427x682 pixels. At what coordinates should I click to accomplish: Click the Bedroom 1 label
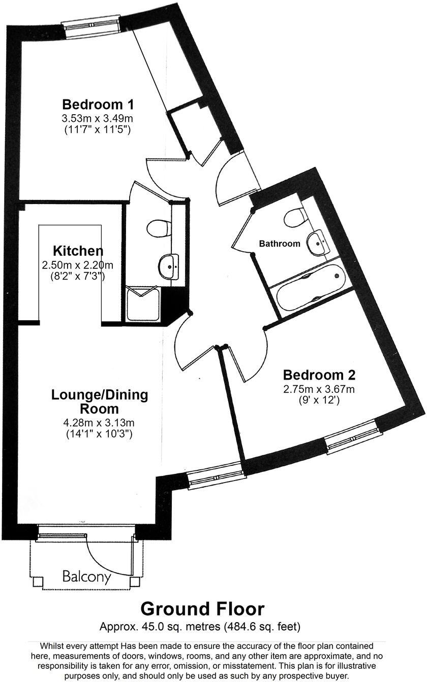tap(98, 105)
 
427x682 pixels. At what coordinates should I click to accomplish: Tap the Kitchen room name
tap(78, 251)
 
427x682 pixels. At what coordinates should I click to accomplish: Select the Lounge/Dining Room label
tap(100, 401)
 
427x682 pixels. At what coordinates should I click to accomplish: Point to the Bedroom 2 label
tap(319, 375)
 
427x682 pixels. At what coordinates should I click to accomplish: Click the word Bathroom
tap(280, 244)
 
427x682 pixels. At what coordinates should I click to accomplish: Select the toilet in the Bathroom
tap(295, 218)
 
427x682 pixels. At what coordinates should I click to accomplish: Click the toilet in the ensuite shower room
tap(158, 228)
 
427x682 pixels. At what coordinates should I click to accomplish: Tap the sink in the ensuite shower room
tap(169, 266)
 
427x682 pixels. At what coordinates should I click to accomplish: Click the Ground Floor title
tap(202, 608)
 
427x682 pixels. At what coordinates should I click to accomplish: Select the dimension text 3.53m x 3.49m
tap(97, 119)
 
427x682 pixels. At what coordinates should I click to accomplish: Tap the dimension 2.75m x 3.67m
tap(319, 389)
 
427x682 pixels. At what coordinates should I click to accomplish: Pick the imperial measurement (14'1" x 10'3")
tap(100, 434)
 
